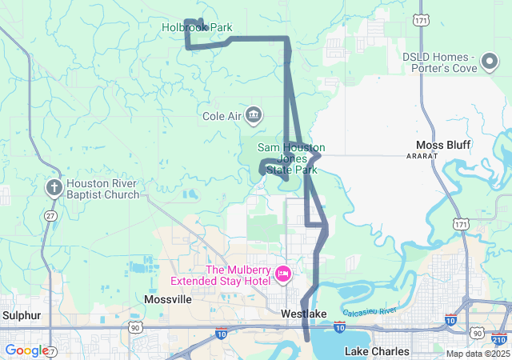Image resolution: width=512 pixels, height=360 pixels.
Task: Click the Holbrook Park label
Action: click(197, 27)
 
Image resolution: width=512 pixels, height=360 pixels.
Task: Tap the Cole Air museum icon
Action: click(254, 115)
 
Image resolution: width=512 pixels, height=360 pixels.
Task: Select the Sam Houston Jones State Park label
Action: click(291, 158)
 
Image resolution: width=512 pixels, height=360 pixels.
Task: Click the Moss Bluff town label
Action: click(443, 145)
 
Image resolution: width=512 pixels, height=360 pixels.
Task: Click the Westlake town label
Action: click(304, 314)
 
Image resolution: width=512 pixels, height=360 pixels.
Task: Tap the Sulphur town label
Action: click(15, 315)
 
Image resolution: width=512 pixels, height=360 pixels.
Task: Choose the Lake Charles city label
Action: click(377, 351)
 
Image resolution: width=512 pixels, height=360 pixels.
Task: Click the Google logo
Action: click(26, 350)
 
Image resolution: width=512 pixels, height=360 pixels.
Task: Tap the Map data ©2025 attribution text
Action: click(477, 354)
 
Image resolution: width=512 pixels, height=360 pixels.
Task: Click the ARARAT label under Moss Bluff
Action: click(422, 156)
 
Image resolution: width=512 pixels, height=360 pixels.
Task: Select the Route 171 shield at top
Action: click(421, 18)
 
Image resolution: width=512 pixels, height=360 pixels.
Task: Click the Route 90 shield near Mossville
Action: click(134, 327)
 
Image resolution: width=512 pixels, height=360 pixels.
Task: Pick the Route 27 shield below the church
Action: click(51, 216)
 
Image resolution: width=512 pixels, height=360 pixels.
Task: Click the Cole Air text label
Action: click(222, 116)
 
